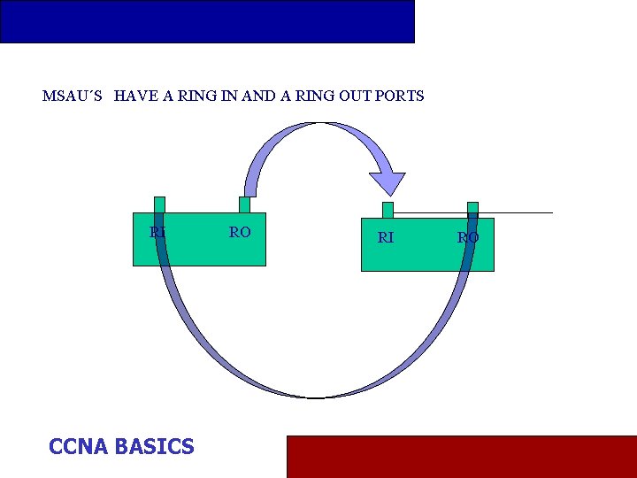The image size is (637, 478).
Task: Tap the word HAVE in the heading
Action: click(x=134, y=96)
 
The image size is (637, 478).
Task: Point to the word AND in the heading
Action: click(x=258, y=96)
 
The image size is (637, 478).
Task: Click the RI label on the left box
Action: click(x=157, y=232)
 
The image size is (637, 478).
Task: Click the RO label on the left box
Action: click(x=240, y=232)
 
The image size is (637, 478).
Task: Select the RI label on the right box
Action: click(x=386, y=237)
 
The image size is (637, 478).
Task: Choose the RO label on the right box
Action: click(x=468, y=237)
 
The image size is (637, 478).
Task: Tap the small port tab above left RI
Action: click(x=159, y=204)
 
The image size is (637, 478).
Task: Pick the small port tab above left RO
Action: click(x=244, y=204)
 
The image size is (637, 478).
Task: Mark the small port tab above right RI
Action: click(x=388, y=210)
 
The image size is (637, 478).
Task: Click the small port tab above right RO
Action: click(x=472, y=209)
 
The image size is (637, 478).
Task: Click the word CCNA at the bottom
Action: click(x=78, y=446)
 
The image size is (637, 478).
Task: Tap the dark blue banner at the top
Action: click(x=207, y=21)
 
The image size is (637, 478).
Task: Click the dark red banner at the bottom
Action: click(x=461, y=456)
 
